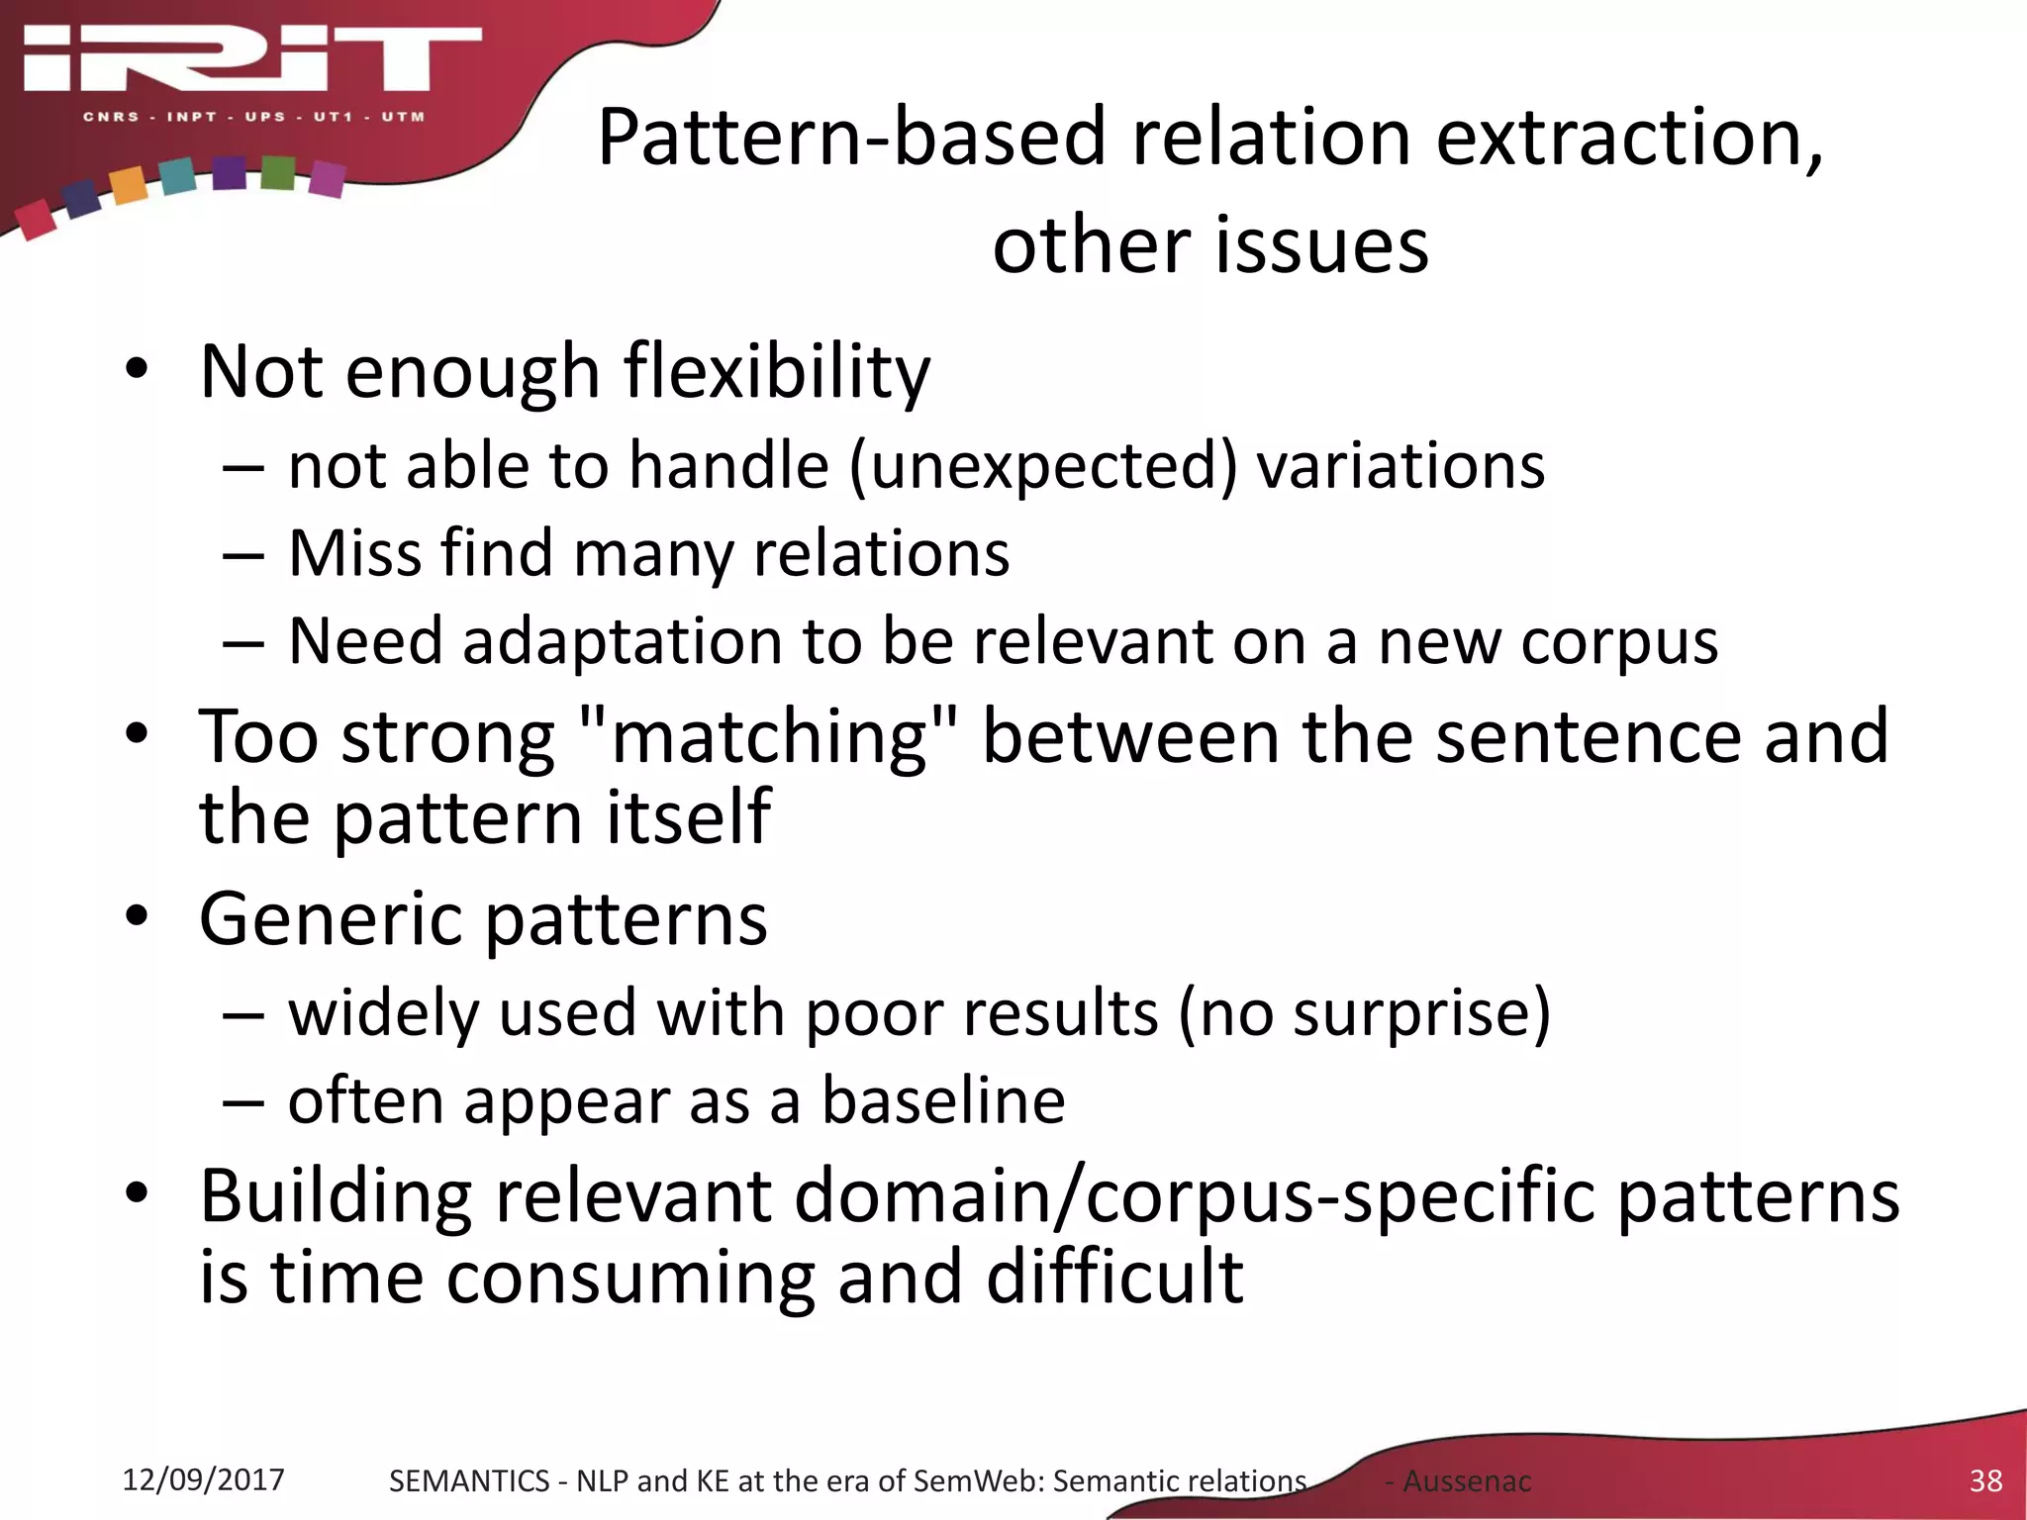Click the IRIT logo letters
[252, 59]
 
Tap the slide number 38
[1985, 1480]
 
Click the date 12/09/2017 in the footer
[203, 1479]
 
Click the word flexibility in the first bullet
[777, 373]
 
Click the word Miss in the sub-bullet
[353, 553]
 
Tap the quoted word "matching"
[769, 738]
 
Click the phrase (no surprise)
[1364, 1014]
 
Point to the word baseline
[943, 1101]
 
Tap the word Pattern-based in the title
[851, 138]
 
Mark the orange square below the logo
[129, 185]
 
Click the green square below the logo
[278, 172]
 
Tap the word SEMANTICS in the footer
[469, 1481]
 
